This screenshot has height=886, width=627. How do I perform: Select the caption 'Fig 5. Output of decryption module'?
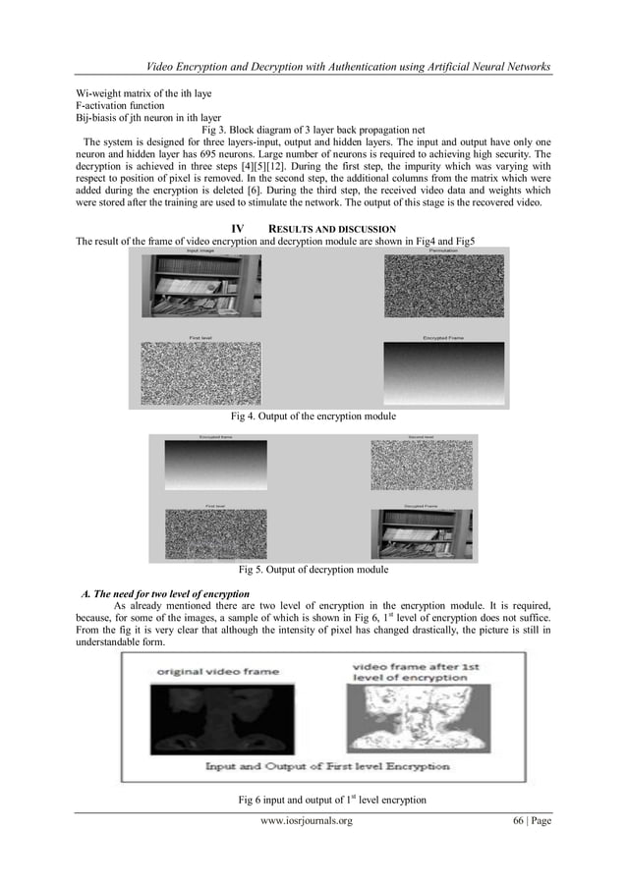[313, 570]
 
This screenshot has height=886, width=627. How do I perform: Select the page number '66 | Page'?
[528, 820]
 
